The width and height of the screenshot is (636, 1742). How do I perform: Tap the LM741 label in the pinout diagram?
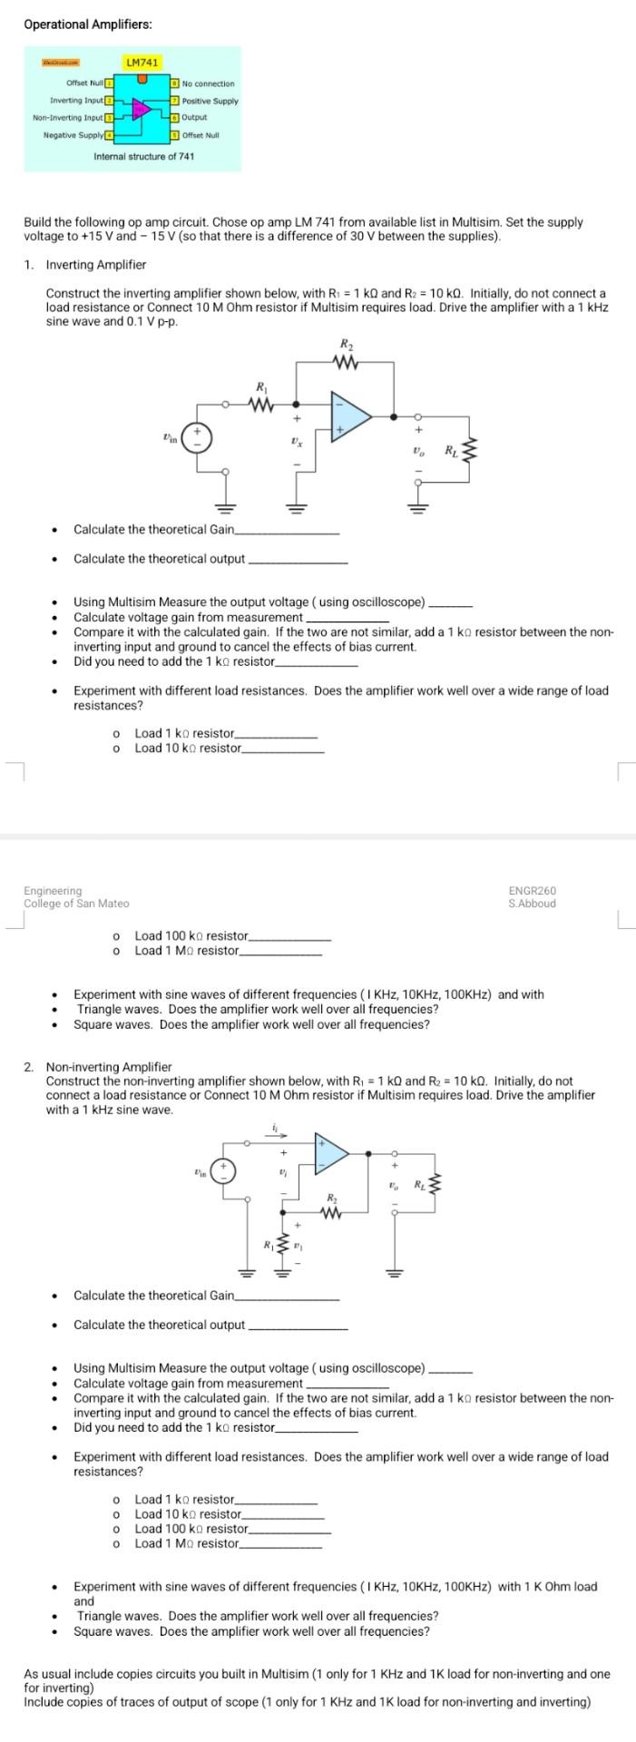(142, 63)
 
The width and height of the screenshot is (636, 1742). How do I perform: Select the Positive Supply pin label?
(210, 101)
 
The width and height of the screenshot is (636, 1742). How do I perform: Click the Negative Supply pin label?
(73, 135)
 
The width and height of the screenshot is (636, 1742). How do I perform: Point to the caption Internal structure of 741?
(143, 157)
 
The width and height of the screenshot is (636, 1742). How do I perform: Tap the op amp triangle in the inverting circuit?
(350, 417)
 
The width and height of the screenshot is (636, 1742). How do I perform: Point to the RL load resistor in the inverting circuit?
(468, 451)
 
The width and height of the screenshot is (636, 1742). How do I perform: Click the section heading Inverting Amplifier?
(95, 265)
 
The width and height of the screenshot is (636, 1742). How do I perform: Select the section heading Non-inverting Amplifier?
(108, 1067)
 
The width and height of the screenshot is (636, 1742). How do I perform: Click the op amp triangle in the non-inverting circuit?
(331, 1153)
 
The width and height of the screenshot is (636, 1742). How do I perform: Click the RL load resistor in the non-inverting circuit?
(437, 1186)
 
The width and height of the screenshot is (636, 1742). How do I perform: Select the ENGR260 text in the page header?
(532, 891)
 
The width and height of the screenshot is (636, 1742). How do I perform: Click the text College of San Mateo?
(76, 904)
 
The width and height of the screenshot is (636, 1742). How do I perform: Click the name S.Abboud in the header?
(532, 904)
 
